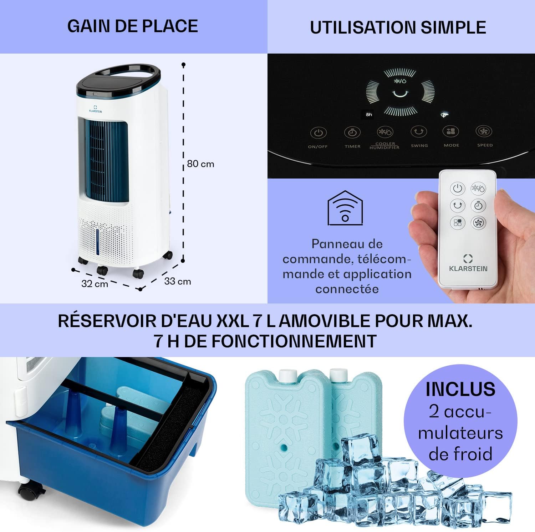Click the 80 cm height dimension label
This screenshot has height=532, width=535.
tap(200, 164)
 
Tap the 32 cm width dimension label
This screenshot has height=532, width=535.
tap(95, 284)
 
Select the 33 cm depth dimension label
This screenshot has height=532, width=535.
tap(177, 281)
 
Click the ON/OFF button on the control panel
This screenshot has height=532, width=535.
tap(318, 134)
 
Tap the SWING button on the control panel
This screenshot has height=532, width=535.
tap(419, 132)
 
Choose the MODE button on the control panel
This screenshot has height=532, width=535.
tap(451, 131)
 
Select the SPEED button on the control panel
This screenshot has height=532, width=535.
tap(484, 131)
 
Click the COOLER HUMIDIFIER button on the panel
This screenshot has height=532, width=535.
tap(385, 132)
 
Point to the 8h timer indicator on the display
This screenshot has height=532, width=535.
tap(369, 115)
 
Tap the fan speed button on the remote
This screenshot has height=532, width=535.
tap(478, 223)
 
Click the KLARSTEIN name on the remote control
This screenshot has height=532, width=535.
tap(468, 268)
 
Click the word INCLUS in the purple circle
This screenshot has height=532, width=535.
tap(460, 389)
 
